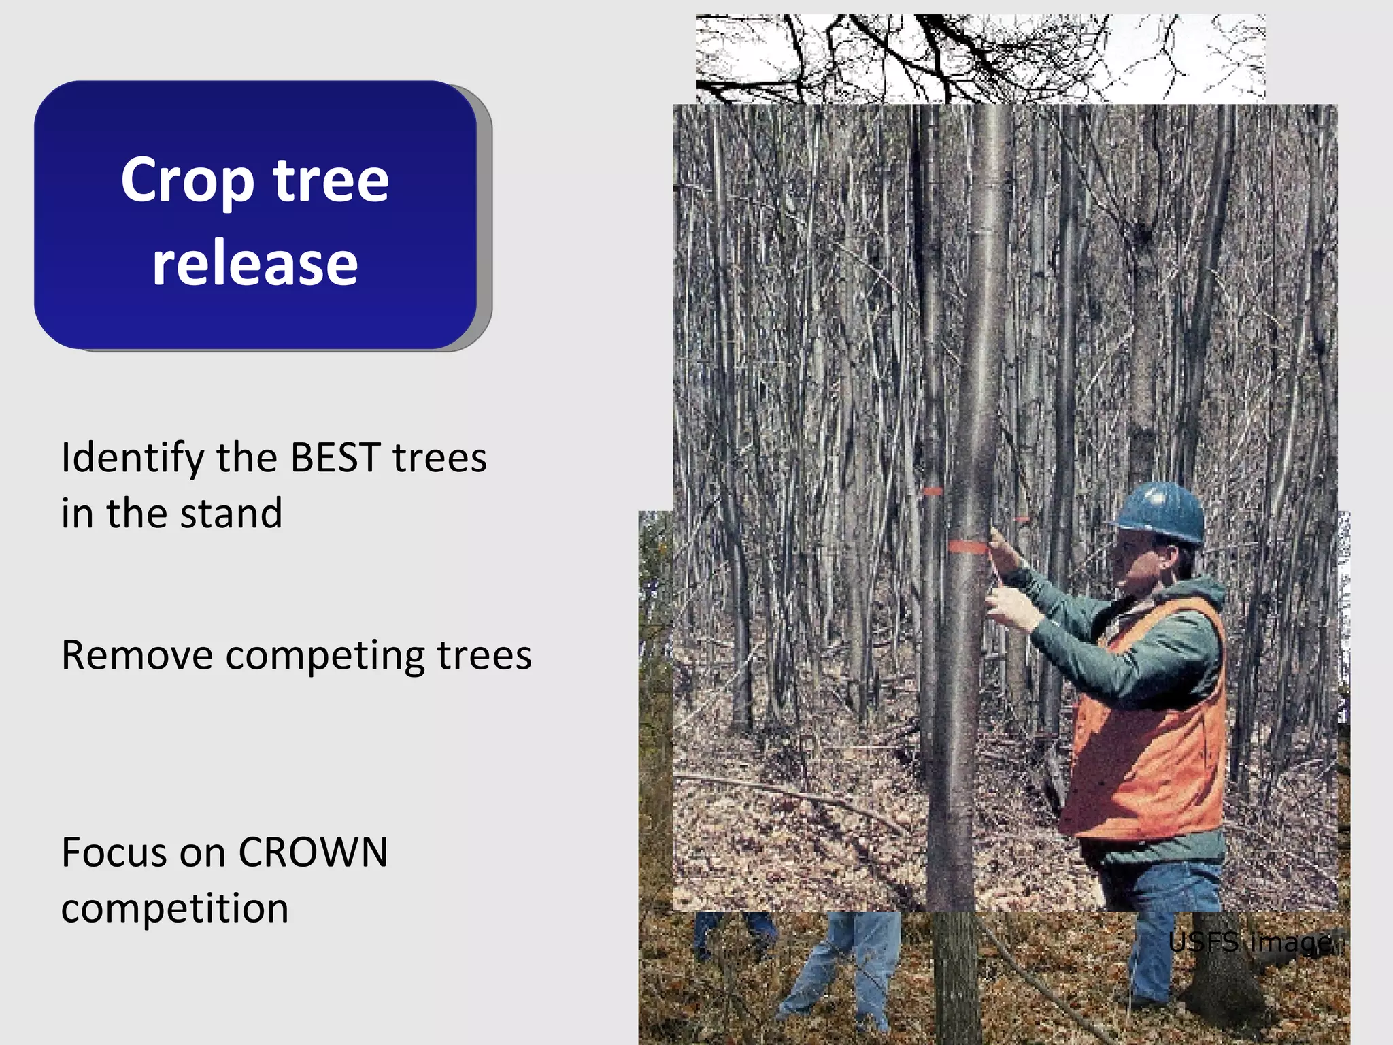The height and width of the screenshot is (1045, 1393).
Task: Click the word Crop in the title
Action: click(x=188, y=180)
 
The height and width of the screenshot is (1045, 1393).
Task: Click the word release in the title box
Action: click(x=254, y=264)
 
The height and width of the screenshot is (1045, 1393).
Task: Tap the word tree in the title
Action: click(x=331, y=180)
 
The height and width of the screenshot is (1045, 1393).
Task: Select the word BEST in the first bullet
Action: click(x=335, y=458)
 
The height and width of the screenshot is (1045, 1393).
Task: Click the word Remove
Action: click(x=137, y=656)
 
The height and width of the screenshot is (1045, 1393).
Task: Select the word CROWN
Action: click(x=313, y=852)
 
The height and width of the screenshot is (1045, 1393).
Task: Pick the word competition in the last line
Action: click(x=175, y=909)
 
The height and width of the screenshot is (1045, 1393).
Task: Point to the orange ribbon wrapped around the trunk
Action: click(x=967, y=546)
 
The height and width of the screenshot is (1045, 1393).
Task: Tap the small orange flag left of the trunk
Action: click(x=932, y=491)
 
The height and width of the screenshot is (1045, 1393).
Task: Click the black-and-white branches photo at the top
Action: click(x=979, y=59)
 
